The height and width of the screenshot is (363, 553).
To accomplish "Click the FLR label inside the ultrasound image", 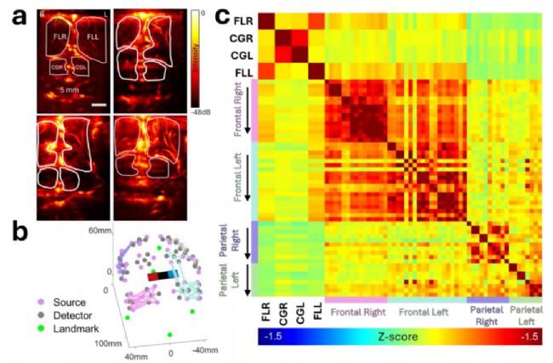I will click(60, 37).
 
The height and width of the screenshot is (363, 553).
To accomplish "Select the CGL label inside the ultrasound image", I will click(82, 67).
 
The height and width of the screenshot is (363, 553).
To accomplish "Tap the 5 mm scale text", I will click(71, 90).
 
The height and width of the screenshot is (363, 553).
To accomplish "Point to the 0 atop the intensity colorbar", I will click(197, 13).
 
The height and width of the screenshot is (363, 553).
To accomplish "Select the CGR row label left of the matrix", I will click(241, 39).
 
